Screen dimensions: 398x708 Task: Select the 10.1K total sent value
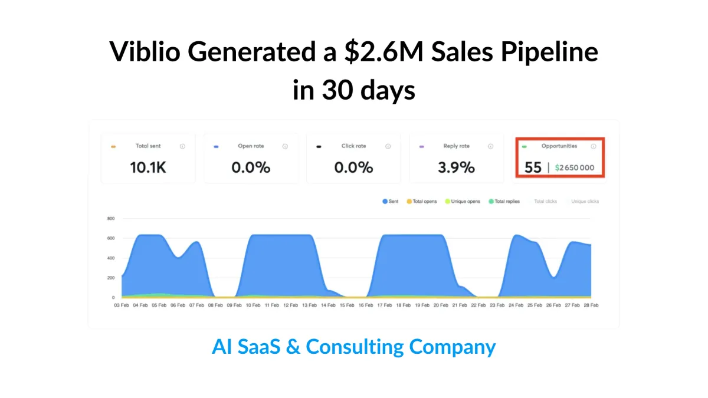pos(148,167)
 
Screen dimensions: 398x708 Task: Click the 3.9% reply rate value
pos(457,167)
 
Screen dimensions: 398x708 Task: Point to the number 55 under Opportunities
pos(533,167)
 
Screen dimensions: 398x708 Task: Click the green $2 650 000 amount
pos(575,168)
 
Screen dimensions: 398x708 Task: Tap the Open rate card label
pos(251,146)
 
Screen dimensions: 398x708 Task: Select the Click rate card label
pos(353,146)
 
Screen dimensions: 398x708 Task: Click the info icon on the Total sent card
pos(182,146)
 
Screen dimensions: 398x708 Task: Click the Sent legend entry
pos(391,202)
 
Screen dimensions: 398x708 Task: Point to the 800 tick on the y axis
pos(110,218)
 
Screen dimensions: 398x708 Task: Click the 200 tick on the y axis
pos(110,278)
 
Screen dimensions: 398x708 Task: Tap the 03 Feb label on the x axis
pos(122,305)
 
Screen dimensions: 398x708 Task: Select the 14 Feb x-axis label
pos(329,305)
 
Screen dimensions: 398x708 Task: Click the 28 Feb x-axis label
pos(591,305)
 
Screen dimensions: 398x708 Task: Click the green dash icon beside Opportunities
pos(524,146)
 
